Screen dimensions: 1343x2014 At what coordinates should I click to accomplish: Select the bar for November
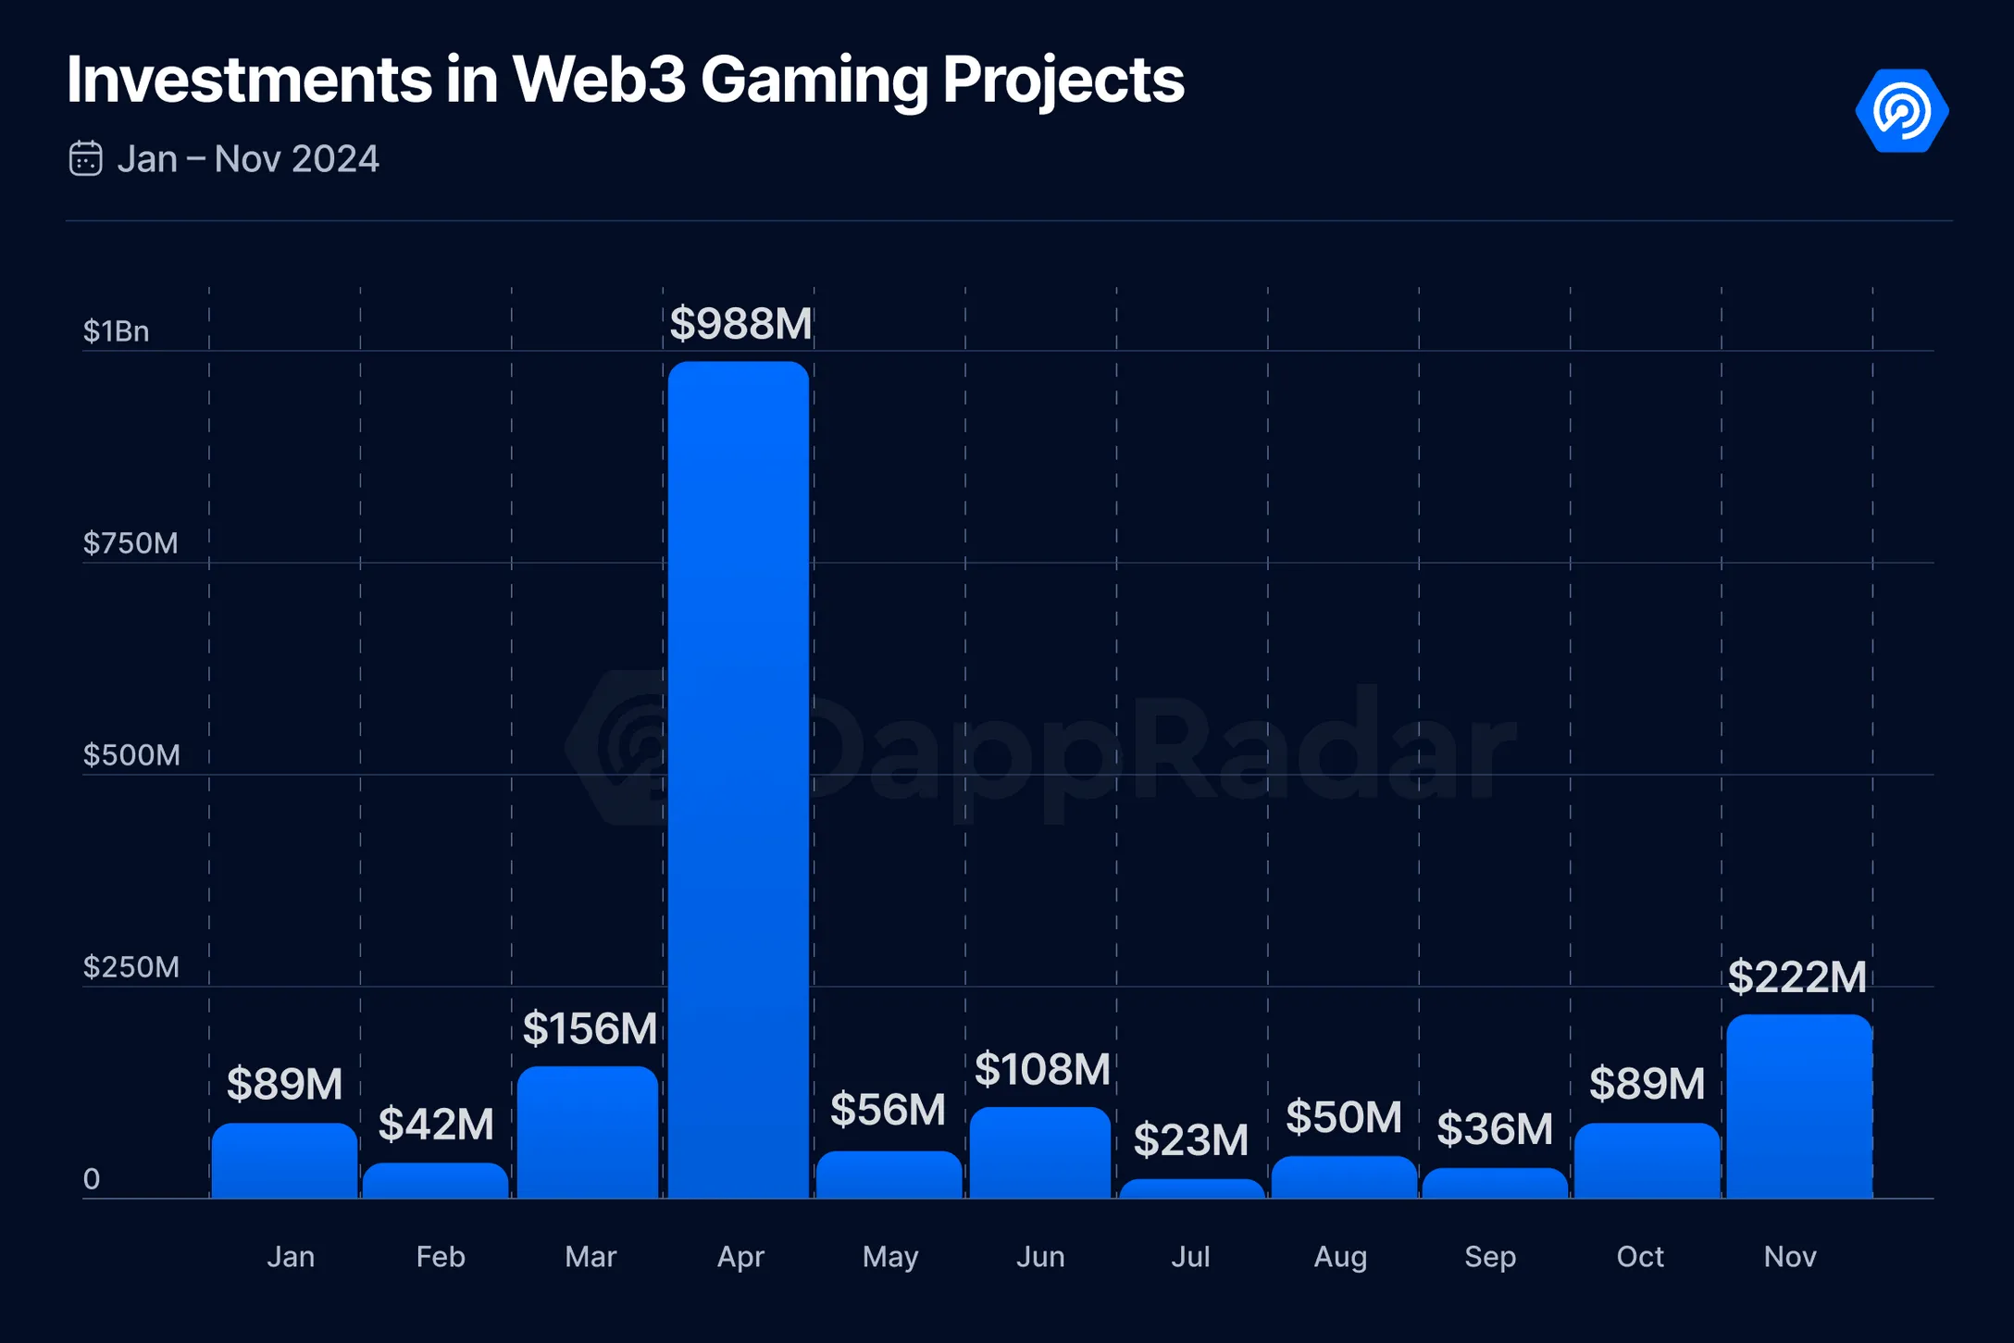pyautogui.click(x=1798, y=1106)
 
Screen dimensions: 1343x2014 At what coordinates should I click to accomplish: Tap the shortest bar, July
pyautogui.click(x=1191, y=1188)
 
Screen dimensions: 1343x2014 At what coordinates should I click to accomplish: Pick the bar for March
pyautogui.click(x=588, y=1132)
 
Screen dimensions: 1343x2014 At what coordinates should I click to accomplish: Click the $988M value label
pyautogui.click(x=740, y=324)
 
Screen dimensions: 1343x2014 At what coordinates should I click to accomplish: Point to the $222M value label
pyautogui.click(x=1796, y=977)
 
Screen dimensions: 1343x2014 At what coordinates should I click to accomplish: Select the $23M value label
pyautogui.click(x=1191, y=1139)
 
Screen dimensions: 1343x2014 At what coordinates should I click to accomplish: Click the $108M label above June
pyautogui.click(x=1042, y=1069)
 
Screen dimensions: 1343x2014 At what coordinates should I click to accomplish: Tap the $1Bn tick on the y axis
pyautogui.click(x=116, y=331)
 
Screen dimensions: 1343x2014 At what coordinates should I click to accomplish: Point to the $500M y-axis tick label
pyautogui.click(x=131, y=755)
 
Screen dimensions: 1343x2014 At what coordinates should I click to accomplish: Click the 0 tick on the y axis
pyautogui.click(x=92, y=1179)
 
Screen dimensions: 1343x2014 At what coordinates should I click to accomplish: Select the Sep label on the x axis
pyautogui.click(x=1490, y=1257)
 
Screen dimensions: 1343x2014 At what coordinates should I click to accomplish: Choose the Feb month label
pyautogui.click(x=441, y=1257)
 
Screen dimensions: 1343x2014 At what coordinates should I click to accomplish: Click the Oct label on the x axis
pyautogui.click(x=1640, y=1257)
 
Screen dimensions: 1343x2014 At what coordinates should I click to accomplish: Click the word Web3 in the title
pyautogui.click(x=599, y=80)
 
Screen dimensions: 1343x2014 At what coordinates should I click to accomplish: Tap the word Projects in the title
pyautogui.click(x=1063, y=81)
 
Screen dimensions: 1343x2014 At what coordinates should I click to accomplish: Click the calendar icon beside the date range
pyautogui.click(x=86, y=158)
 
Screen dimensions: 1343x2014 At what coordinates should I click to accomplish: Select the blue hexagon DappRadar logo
pyautogui.click(x=1902, y=110)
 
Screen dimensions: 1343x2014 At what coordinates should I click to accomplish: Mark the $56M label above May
pyautogui.click(x=888, y=1110)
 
